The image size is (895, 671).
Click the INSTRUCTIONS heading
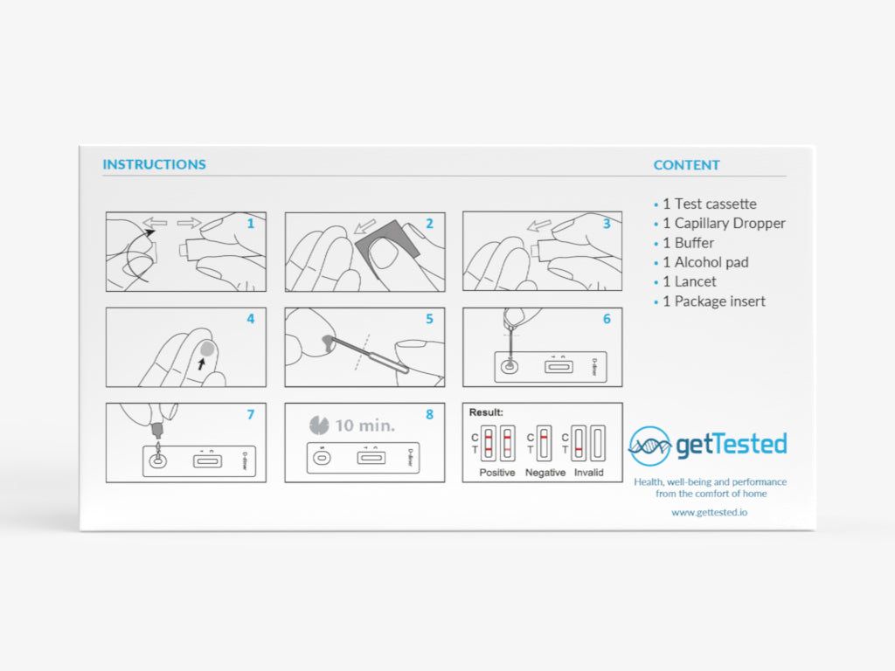[154, 164]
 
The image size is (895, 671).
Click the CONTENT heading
[686, 165]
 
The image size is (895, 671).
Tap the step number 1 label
[250, 224]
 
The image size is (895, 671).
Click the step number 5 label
[428, 319]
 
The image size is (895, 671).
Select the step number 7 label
[250, 414]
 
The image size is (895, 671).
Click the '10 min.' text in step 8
[364, 426]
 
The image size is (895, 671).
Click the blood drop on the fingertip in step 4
[207, 347]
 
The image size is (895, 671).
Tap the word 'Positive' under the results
[496, 473]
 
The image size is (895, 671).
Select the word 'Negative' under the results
[545, 473]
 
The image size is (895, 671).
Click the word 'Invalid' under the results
[588, 473]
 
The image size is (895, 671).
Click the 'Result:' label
[486, 412]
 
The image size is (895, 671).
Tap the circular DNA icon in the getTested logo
[649, 446]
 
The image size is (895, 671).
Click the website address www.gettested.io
[709, 512]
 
